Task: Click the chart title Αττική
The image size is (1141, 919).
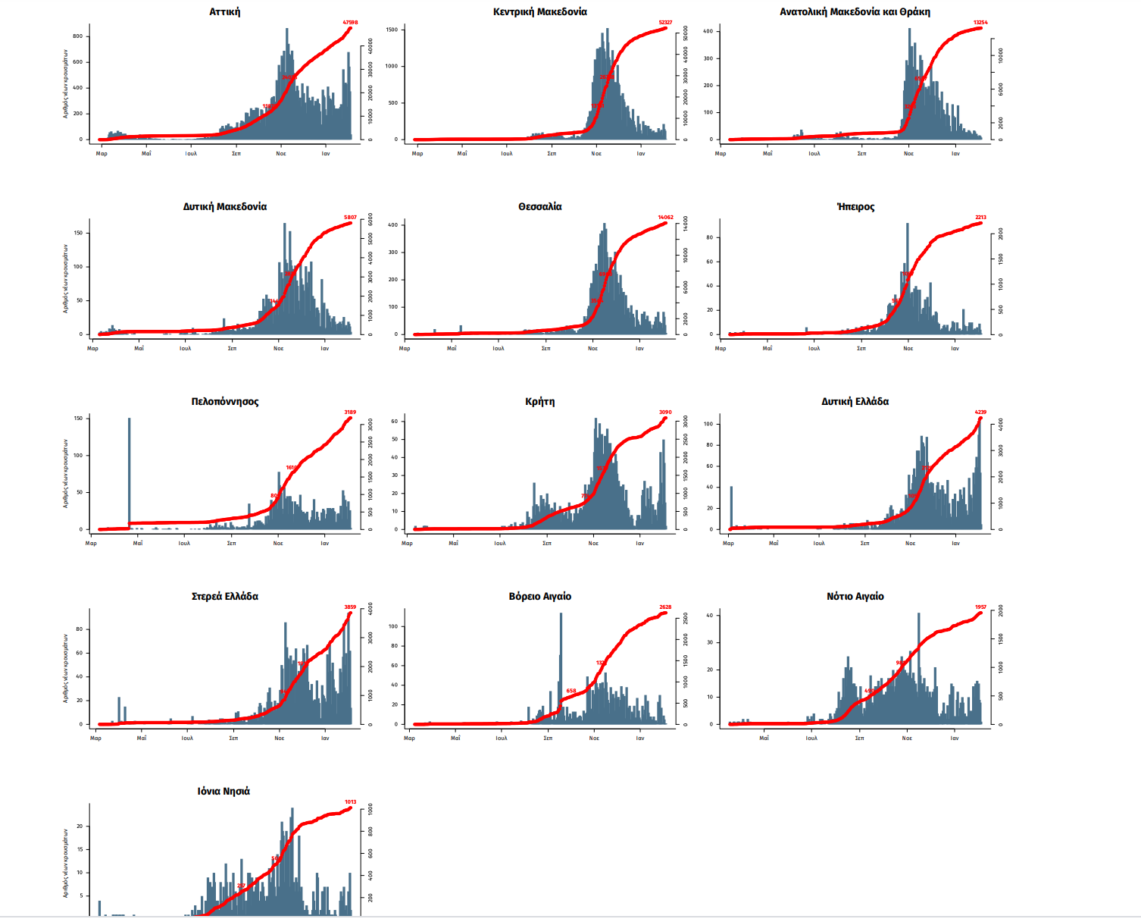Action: point(224,12)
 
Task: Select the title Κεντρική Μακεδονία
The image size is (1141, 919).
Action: point(539,12)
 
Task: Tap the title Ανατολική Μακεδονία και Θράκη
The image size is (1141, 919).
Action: point(855,12)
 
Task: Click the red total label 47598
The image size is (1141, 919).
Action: point(350,23)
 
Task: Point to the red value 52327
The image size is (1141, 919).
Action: point(665,23)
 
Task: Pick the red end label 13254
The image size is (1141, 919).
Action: point(980,23)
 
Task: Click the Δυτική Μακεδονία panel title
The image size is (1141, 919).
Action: point(224,207)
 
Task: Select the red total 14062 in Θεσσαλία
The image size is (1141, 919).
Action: point(665,218)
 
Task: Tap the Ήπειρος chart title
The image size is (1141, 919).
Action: point(855,207)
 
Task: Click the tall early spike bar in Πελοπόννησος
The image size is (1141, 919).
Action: point(129,470)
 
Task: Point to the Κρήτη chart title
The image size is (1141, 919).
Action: point(539,402)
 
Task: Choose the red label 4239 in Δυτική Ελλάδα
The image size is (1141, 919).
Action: point(980,412)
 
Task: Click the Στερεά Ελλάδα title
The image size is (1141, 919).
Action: point(224,597)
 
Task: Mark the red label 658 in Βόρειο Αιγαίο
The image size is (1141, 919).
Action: point(571,691)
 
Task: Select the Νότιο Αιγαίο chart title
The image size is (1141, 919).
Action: point(855,597)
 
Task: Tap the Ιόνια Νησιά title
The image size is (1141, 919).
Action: point(224,792)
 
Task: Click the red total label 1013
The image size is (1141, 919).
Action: point(350,802)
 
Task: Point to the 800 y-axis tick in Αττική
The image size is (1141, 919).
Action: point(78,36)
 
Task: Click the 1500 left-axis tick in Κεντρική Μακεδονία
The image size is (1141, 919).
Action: point(392,30)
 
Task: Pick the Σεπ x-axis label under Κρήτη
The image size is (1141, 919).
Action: point(547,543)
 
